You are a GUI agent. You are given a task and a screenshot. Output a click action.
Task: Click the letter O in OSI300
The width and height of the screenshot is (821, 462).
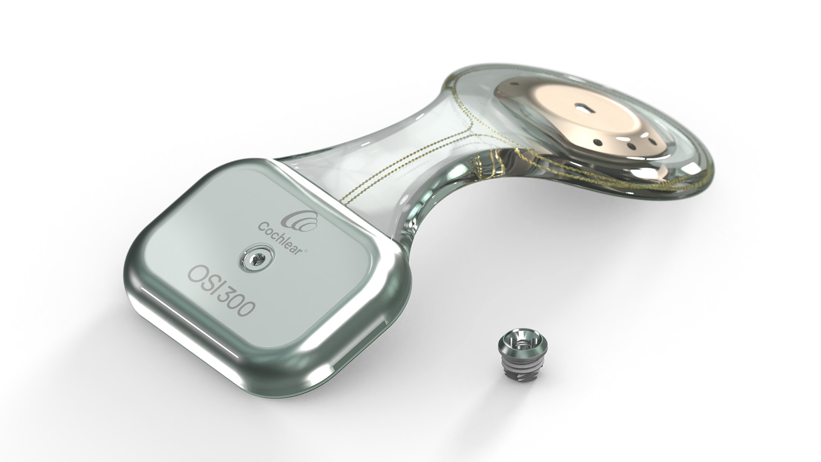[x=198, y=274]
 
